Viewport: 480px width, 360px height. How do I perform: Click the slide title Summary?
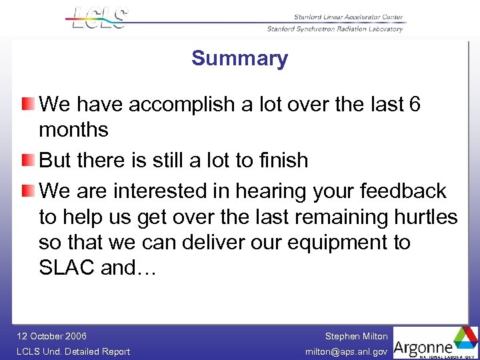click(239, 59)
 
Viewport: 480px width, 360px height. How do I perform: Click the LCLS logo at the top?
click(99, 18)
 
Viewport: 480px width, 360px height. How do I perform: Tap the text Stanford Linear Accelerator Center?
click(349, 17)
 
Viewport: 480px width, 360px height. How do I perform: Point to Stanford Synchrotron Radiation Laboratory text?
click(335, 29)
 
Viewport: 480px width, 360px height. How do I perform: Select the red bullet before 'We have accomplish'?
click(27, 104)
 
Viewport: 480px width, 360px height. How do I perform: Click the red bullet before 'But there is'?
click(27, 160)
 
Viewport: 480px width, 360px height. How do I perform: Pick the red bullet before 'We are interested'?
click(27, 191)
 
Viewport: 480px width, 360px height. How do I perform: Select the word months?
click(73, 130)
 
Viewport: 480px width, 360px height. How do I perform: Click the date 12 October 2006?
click(52, 336)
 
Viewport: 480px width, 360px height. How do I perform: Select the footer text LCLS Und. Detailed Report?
click(73, 351)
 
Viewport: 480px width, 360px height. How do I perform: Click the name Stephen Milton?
click(356, 336)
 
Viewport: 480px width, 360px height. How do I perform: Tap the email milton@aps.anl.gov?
click(347, 351)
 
